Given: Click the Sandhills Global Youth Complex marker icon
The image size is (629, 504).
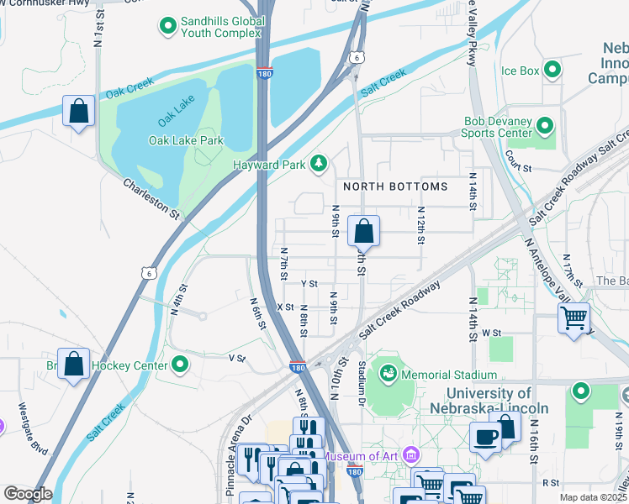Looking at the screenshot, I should click(167, 26).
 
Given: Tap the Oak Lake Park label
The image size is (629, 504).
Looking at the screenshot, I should click(186, 140).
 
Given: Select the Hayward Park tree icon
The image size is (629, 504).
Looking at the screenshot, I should click(319, 163).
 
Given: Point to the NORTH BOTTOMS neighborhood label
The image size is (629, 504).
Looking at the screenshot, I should click(394, 186).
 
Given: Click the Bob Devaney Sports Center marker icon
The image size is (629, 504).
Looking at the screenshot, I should click(545, 127).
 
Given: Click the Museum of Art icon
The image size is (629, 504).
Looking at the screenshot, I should click(411, 455).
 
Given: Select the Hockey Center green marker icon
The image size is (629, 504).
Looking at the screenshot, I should click(179, 364).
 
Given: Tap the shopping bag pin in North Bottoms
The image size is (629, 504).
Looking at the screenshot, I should click(363, 230).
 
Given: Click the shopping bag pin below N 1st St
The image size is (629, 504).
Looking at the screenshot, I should click(78, 112).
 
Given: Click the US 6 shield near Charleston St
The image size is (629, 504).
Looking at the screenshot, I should click(149, 272).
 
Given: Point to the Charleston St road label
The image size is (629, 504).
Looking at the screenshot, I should click(152, 198).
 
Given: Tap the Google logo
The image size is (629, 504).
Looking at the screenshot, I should click(28, 494).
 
